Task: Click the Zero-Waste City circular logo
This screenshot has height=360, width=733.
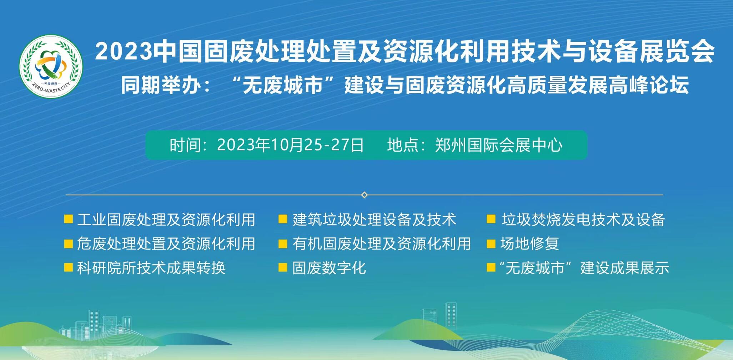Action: pyautogui.click(x=51, y=66)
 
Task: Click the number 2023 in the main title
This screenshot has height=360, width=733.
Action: pyautogui.click(x=124, y=51)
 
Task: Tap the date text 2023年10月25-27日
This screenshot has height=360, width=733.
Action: pyautogui.click(x=291, y=145)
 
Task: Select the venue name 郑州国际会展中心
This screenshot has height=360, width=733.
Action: pyautogui.click(x=499, y=145)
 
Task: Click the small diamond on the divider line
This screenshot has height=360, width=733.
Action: pyautogui.click(x=364, y=195)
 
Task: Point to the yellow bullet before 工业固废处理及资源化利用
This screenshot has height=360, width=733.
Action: pyautogui.click(x=68, y=219)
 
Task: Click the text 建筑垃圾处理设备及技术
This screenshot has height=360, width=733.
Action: pyautogui.click(x=374, y=219)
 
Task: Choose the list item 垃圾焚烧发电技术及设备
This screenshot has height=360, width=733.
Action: pyautogui.click(x=583, y=219)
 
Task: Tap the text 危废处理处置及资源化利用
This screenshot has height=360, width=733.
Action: pyautogui.click(x=166, y=244)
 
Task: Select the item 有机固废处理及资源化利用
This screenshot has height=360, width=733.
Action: pyautogui.click(x=381, y=244)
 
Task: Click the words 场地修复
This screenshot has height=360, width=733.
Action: pyautogui.click(x=529, y=244)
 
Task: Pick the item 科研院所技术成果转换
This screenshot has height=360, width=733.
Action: pyautogui.click(x=151, y=268)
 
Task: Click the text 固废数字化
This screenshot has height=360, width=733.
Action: pyautogui.click(x=329, y=268)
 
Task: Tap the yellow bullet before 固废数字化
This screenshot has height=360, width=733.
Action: pyautogui.click(x=283, y=267)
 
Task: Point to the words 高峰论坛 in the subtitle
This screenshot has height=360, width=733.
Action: pyautogui.click(x=649, y=86)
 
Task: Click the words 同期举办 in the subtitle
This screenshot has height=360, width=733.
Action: pyautogui.click(x=161, y=86)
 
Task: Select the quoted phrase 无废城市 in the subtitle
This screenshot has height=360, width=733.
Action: pyautogui.click(x=283, y=86)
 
